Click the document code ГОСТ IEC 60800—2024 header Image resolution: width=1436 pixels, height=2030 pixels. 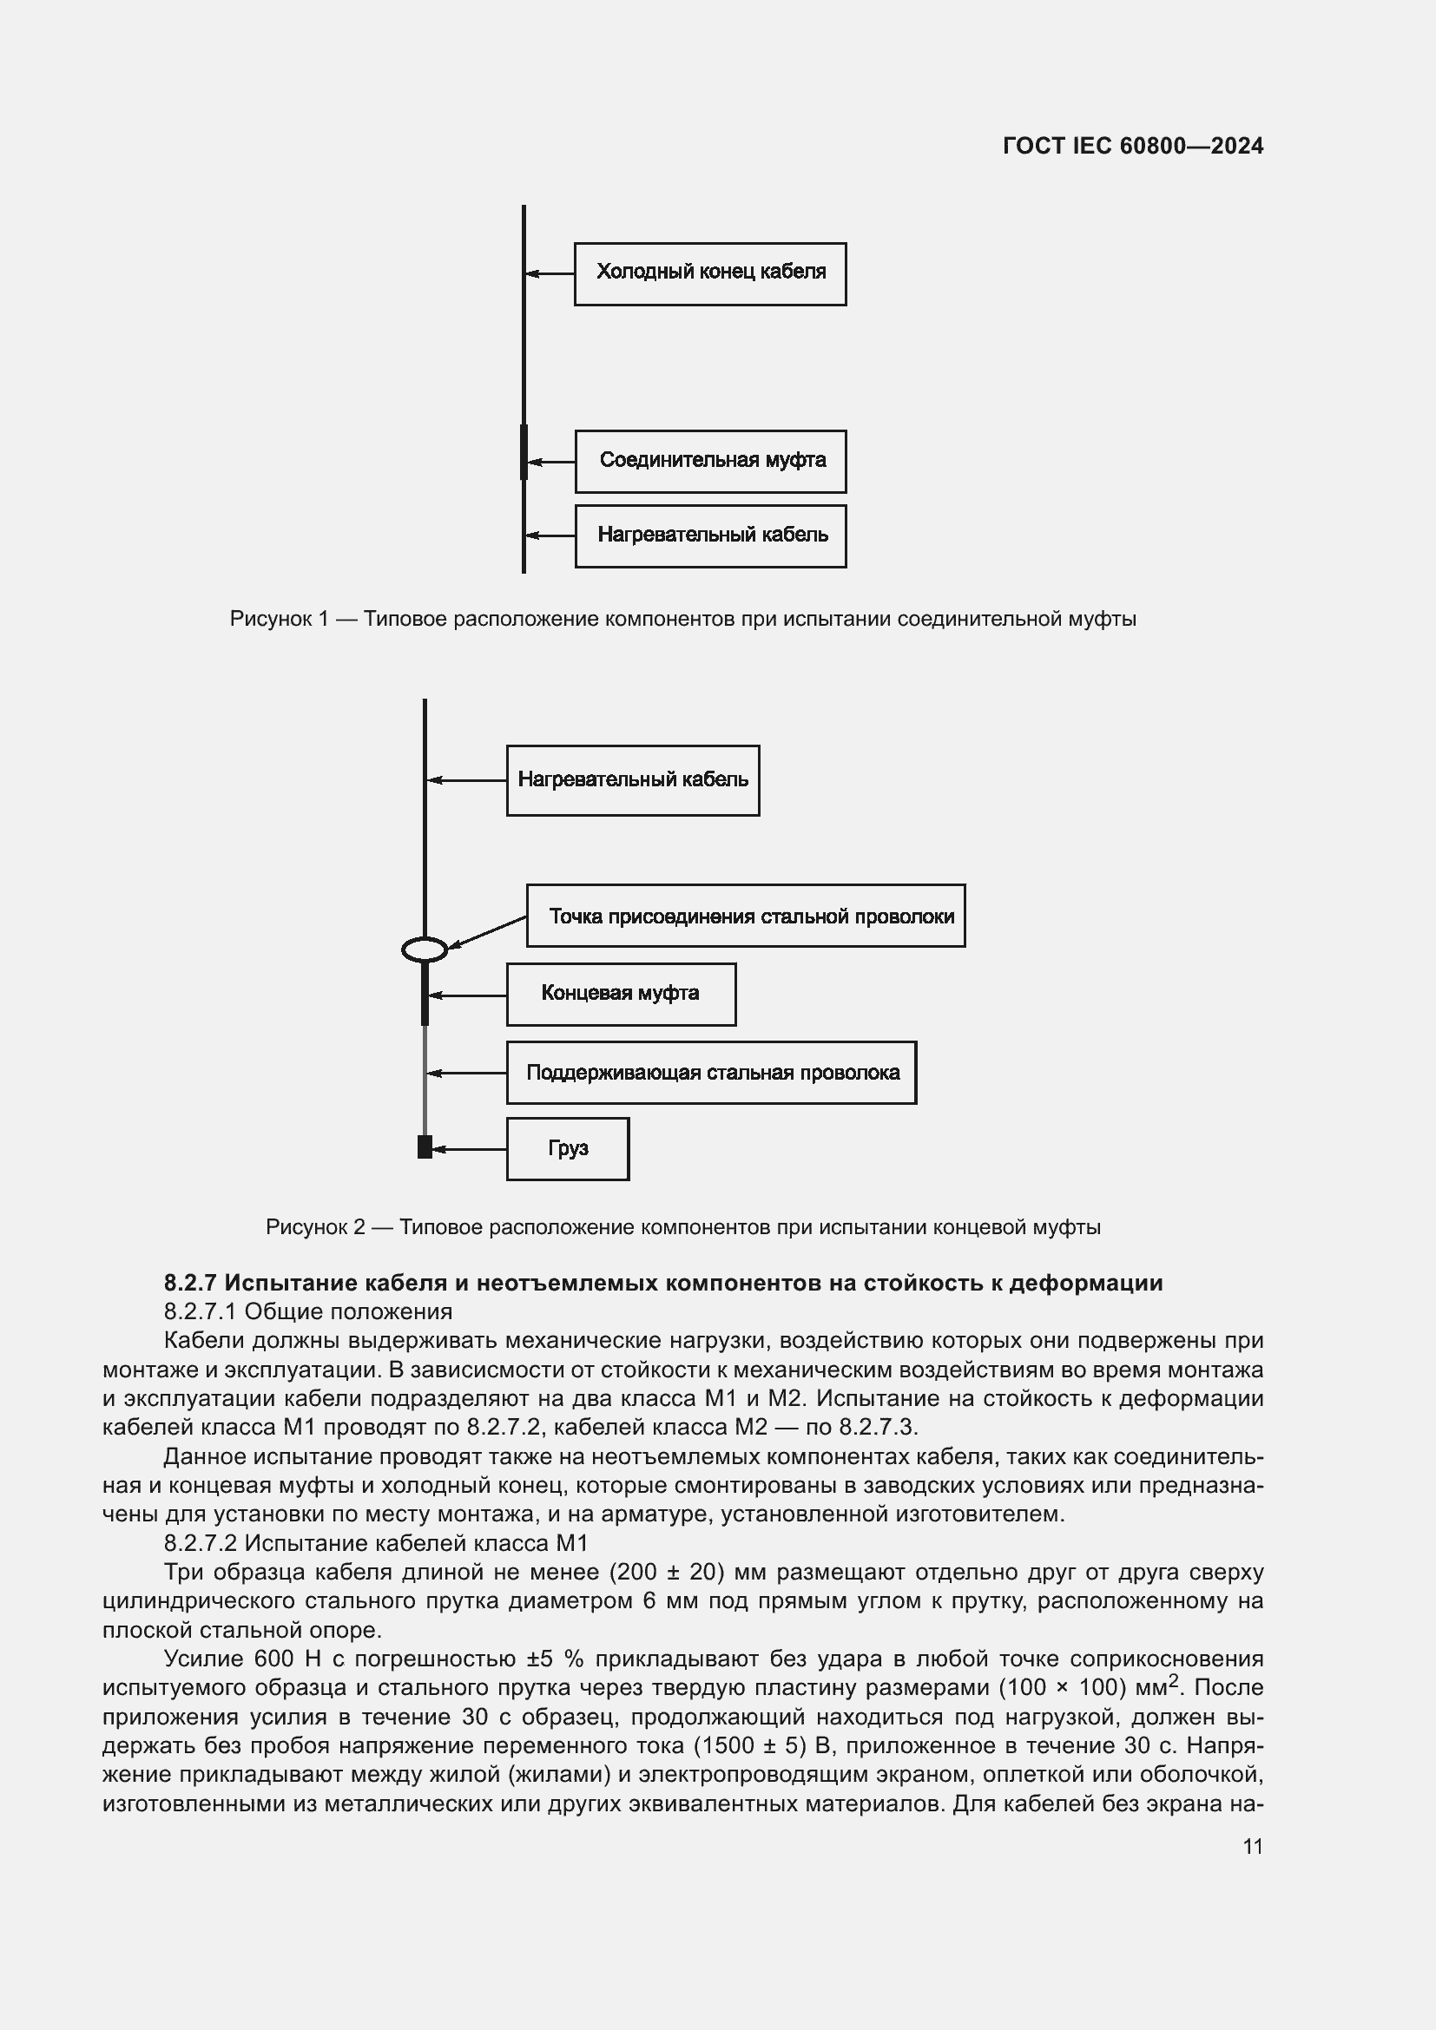[1133, 146]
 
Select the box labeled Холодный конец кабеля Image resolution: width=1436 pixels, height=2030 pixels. [710, 274]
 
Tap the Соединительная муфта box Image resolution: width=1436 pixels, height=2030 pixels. [710, 462]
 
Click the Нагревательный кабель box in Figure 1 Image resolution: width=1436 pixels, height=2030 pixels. [710, 535]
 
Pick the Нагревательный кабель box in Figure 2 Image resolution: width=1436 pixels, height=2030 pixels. [632, 781]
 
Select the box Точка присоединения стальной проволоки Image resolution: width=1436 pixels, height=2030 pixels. [746, 916]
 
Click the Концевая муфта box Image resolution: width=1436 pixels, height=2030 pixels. [621, 995]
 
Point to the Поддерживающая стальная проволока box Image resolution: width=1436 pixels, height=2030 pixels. [711, 1073]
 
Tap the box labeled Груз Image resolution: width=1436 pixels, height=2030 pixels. [568, 1149]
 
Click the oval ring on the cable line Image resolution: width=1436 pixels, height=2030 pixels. [425, 949]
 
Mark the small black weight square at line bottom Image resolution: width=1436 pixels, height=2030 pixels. [425, 1147]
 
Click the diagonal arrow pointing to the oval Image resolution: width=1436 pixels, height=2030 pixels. [487, 933]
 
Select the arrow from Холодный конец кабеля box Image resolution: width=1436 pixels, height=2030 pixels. [549, 274]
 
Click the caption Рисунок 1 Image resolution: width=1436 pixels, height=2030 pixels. [278, 619]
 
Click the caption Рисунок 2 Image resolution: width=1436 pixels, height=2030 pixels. [315, 1227]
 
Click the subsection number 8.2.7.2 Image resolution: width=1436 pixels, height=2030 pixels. [200, 1543]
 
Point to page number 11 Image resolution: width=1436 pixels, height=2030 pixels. [1252, 1847]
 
